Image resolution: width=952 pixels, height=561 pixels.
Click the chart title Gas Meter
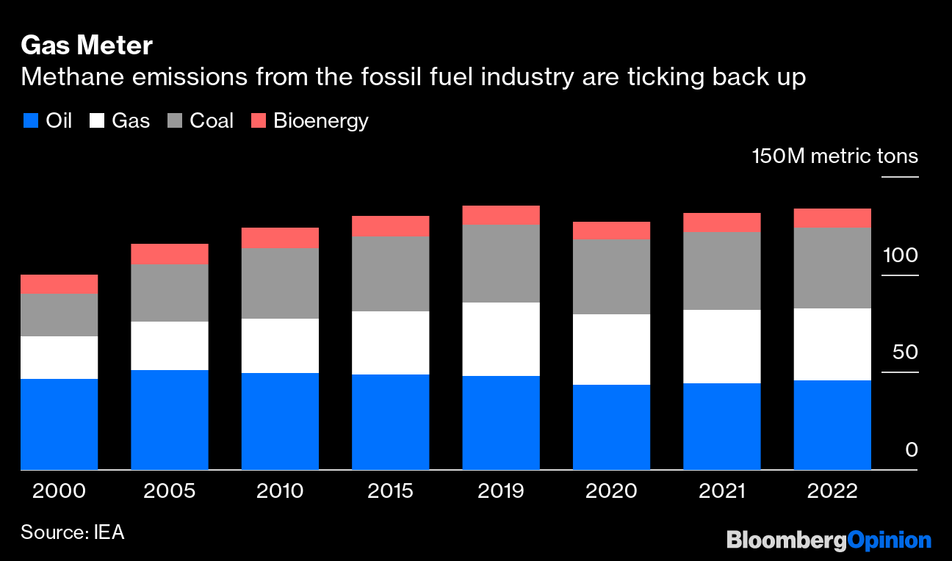pyautogui.click(x=87, y=46)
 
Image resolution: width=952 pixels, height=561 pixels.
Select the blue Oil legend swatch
pyautogui.click(x=29, y=121)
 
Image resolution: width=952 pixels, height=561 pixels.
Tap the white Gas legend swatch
pyautogui.click(x=96, y=121)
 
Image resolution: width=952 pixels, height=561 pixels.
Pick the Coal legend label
pyautogui.click(x=212, y=121)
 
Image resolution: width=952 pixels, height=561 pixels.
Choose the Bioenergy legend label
pyautogui.click(x=320, y=121)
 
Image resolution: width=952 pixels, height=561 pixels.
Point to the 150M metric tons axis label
pyautogui.click(x=834, y=156)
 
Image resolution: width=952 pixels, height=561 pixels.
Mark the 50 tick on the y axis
pyautogui.click(x=905, y=352)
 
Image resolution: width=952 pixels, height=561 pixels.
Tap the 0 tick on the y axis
pyautogui.click(x=912, y=449)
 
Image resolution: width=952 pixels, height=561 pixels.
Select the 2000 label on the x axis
pyautogui.click(x=59, y=491)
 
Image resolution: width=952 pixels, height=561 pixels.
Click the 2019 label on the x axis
pyautogui.click(x=501, y=491)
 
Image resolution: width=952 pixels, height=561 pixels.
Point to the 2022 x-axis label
pyautogui.click(x=832, y=491)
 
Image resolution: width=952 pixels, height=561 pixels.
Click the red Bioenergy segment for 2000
pyautogui.click(x=59, y=284)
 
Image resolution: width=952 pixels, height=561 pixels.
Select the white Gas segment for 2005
pyautogui.click(x=170, y=346)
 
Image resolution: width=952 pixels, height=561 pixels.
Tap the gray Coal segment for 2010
pyautogui.click(x=280, y=283)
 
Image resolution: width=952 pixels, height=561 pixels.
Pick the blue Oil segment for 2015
pyautogui.click(x=391, y=422)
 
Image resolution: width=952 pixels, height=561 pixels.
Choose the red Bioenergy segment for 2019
pyautogui.click(x=501, y=214)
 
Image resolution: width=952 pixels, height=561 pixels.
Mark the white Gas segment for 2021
pyautogui.click(x=722, y=347)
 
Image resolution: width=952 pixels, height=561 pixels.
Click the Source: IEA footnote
pyautogui.click(x=72, y=532)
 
